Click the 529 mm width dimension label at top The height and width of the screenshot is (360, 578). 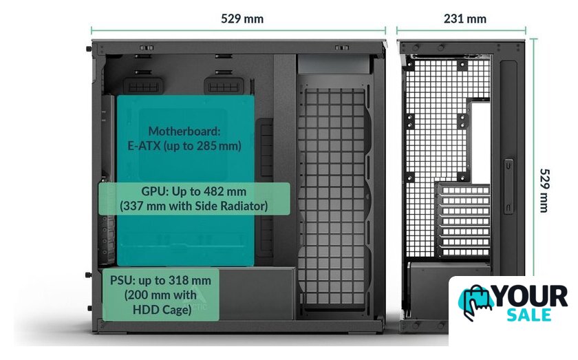point(242,19)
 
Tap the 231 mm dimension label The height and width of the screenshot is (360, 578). point(464,19)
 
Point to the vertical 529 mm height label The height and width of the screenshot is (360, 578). point(544,190)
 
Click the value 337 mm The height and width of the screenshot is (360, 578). point(140,205)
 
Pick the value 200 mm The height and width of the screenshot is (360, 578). point(147,295)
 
